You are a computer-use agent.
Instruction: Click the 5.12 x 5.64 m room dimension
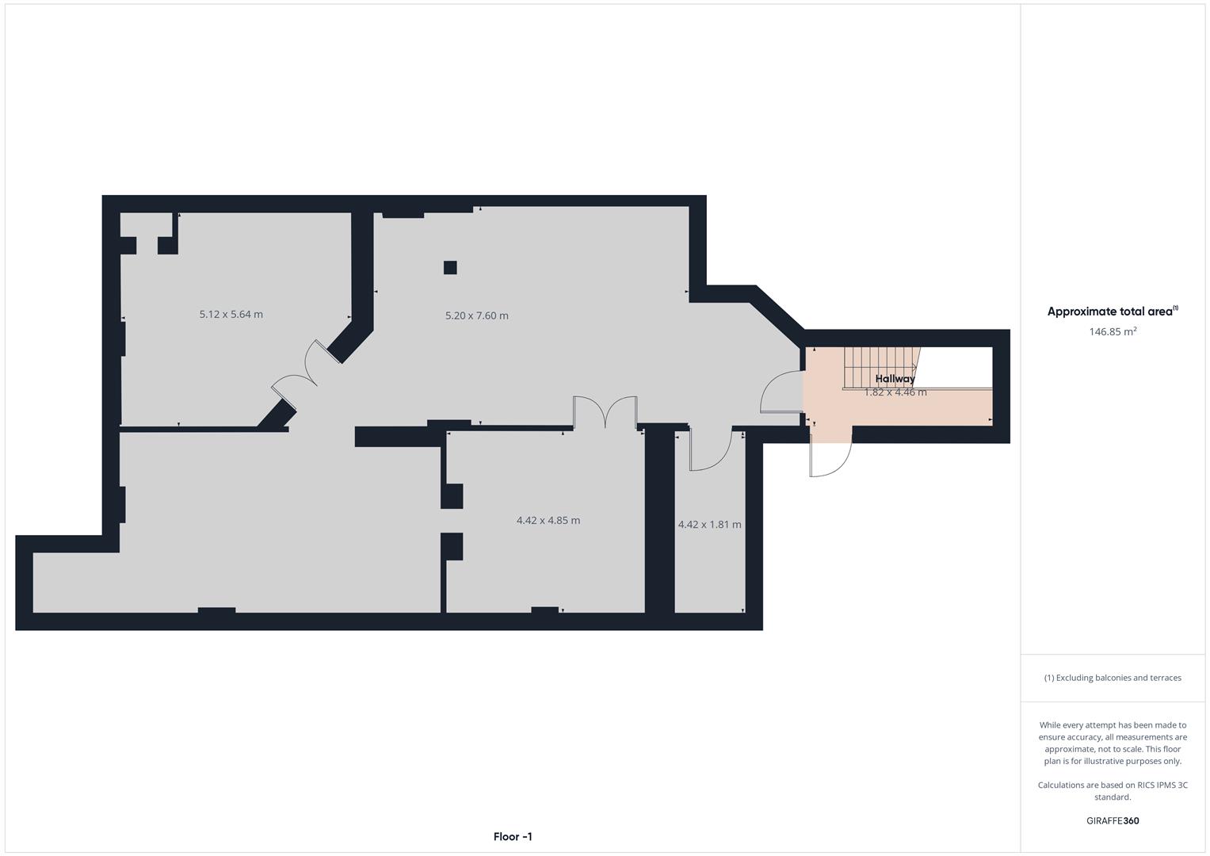pos(231,315)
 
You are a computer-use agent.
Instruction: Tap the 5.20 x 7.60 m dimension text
pos(476,315)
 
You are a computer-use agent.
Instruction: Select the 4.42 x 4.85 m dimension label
pos(548,521)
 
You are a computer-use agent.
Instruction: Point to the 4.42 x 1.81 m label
pos(709,525)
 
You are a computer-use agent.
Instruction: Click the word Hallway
pos(895,379)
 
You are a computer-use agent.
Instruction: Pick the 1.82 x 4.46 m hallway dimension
pos(895,392)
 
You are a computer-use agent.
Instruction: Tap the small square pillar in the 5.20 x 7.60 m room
pos(450,267)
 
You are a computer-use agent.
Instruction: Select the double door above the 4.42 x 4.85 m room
pos(605,411)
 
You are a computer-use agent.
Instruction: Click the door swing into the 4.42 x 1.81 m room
pos(709,452)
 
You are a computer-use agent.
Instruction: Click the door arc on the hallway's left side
pos(781,392)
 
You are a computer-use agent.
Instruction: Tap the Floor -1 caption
pos(513,837)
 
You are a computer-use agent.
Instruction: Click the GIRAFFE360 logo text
pos(1113,821)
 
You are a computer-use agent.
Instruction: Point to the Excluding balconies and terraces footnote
pos(1113,678)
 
